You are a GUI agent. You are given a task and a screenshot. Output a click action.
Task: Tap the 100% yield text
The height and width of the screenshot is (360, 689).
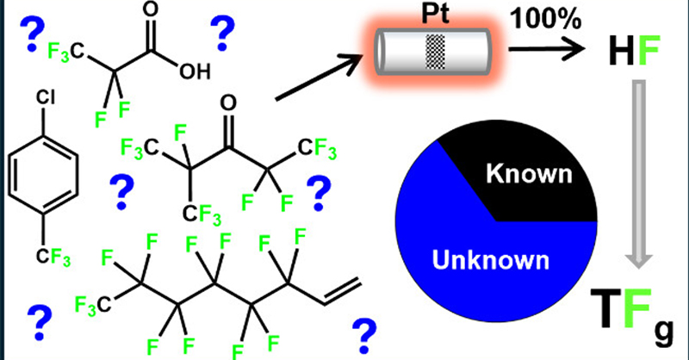tap(537, 17)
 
